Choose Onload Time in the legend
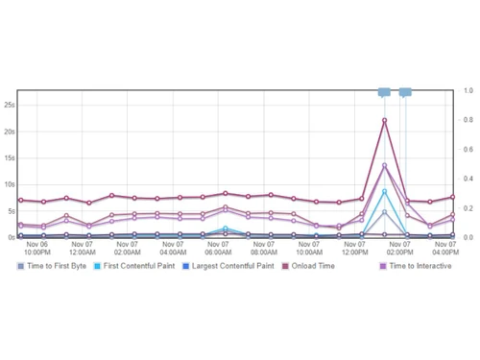313,265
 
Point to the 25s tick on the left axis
9,105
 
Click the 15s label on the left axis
9,157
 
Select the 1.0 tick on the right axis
467,90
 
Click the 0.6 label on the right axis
467,149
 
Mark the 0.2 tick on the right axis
467,207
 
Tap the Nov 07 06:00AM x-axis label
219,248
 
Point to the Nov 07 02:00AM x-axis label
127,248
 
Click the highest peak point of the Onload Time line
385,120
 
